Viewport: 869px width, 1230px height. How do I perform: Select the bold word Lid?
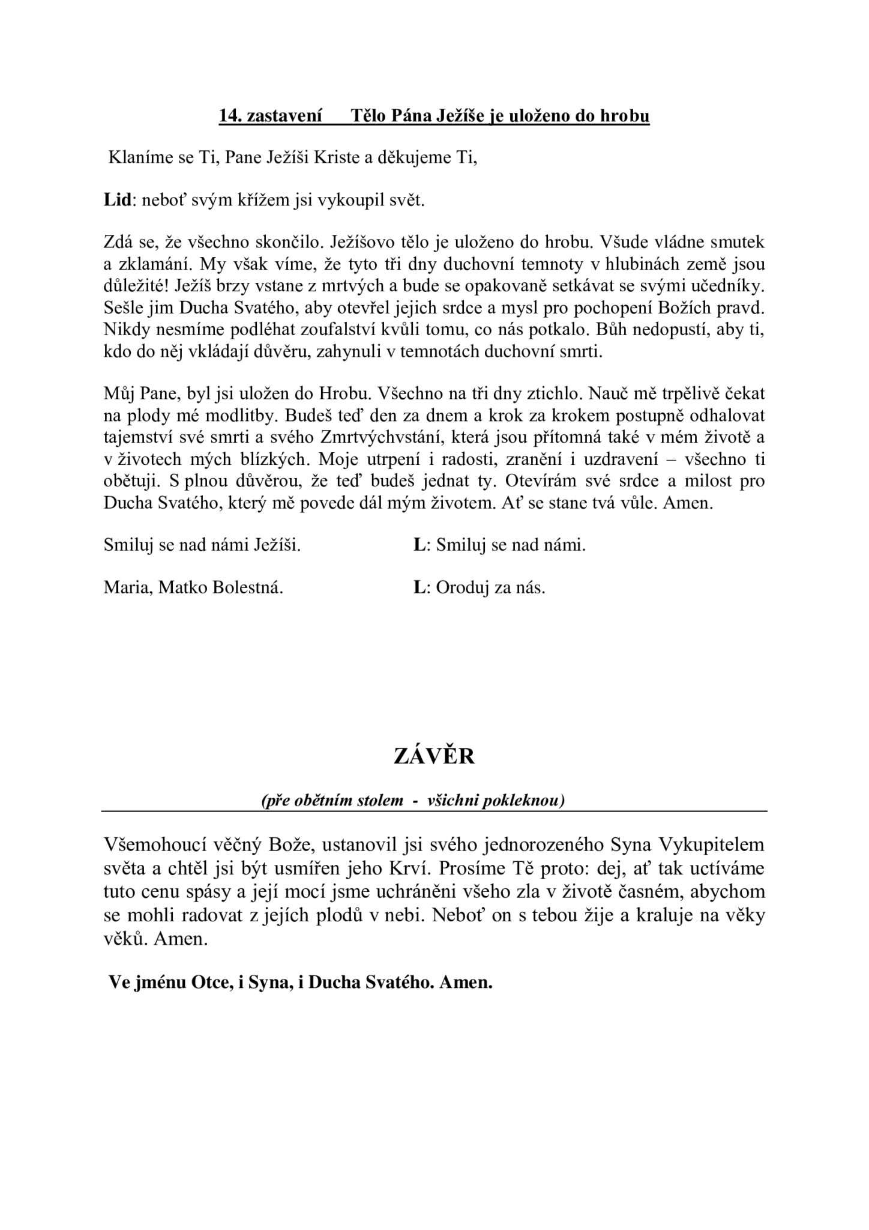(117, 200)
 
